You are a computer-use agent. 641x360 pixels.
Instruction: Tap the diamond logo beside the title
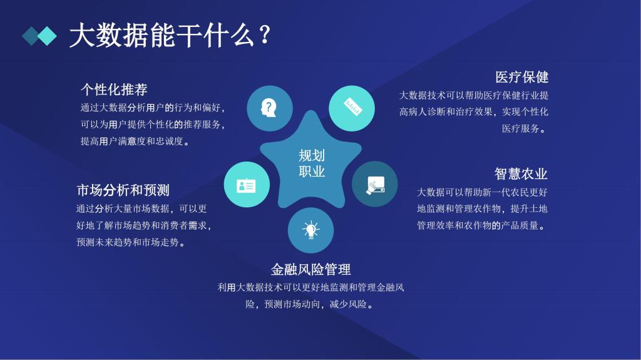tap(39, 36)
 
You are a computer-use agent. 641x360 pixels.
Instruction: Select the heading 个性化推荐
tap(114, 89)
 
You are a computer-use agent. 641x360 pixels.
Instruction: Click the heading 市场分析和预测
tap(123, 190)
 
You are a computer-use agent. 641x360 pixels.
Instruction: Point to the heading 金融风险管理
tap(310, 269)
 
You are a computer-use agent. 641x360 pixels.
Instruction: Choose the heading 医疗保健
tap(521, 77)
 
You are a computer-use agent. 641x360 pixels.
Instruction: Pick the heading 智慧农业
tap(521, 173)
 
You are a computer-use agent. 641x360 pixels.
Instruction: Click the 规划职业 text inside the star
tap(311, 164)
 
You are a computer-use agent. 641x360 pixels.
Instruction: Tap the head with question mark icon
tap(269, 108)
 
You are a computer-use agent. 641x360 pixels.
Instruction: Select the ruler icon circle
tap(352, 108)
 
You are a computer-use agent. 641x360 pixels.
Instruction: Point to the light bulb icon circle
tap(310, 230)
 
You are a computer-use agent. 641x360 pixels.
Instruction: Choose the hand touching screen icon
tap(374, 184)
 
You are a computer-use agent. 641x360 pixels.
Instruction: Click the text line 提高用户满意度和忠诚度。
tap(135, 141)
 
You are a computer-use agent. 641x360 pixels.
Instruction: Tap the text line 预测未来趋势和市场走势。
tap(131, 242)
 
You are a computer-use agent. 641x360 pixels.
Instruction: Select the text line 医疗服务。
tap(525, 129)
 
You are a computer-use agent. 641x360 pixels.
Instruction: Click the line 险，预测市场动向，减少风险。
tap(310, 305)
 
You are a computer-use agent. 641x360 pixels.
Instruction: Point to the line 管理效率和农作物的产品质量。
tap(481, 225)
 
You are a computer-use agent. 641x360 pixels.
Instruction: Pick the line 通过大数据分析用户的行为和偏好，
tap(152, 108)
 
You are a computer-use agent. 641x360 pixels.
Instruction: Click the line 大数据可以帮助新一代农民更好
tap(482, 192)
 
